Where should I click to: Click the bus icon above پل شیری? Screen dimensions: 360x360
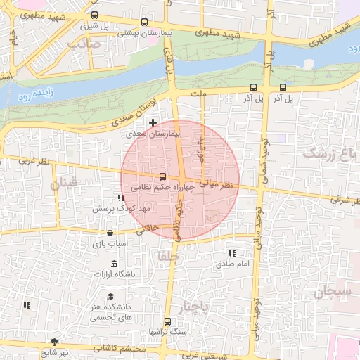(95, 15)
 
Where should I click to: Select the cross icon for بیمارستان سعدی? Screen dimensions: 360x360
(153, 122)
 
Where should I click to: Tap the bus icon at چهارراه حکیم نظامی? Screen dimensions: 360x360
(162, 176)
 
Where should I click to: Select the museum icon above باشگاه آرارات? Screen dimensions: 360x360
(114, 263)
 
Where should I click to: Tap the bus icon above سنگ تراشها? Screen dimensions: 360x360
(167, 321)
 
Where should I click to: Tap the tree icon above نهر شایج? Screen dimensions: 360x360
(54, 342)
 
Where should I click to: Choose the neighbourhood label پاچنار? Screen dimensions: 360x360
(192, 307)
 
